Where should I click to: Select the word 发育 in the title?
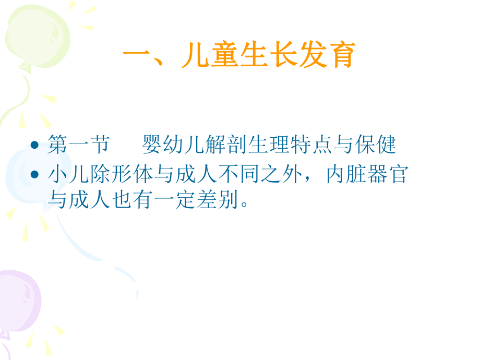[327, 55]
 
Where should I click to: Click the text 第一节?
[78, 145]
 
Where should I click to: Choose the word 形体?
[127, 174]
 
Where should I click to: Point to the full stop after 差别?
[241, 203]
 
